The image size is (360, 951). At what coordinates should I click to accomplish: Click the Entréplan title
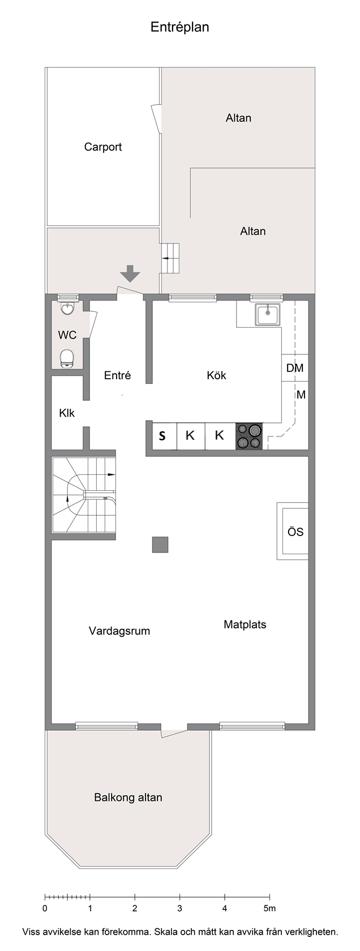[x=179, y=28]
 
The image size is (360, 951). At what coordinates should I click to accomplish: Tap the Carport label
[x=103, y=147]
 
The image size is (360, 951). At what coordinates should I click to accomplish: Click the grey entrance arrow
[x=130, y=273]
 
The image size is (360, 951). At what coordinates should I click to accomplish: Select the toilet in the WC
[x=67, y=358]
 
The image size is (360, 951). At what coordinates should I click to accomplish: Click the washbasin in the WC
[x=67, y=309]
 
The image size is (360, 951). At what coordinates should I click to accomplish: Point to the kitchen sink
[x=268, y=315]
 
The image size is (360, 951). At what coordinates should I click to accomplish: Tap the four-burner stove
[x=249, y=436]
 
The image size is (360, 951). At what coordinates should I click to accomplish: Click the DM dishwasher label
[x=294, y=368]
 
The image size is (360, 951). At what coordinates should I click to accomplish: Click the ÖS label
[x=295, y=532]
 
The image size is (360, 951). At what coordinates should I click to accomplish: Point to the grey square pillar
[x=160, y=545]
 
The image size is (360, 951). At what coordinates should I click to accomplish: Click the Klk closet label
[x=67, y=413]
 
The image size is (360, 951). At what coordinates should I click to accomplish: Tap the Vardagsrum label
[x=119, y=631]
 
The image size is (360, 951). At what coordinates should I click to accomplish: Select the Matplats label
[x=245, y=624]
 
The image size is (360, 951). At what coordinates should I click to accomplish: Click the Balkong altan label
[x=128, y=797]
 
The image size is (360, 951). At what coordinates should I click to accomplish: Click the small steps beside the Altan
[x=170, y=258]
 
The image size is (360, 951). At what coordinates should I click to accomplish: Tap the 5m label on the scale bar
[x=269, y=909]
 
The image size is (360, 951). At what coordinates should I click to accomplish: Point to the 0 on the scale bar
[x=45, y=909]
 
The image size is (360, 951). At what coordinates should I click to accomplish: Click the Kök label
[x=216, y=375]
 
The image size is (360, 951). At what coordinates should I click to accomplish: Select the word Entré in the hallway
[x=118, y=375]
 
